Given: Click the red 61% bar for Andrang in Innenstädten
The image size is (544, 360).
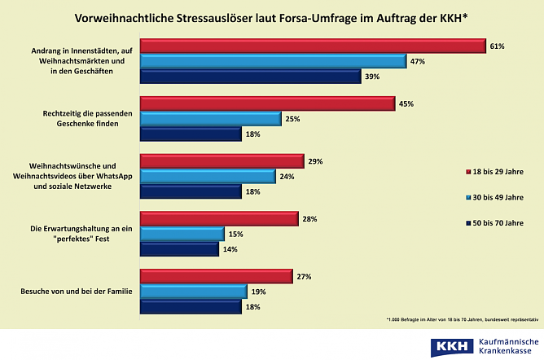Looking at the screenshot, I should pos(313,46).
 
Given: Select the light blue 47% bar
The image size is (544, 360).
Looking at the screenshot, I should pos(273,61).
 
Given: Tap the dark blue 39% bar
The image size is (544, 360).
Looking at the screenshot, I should pos(250,76).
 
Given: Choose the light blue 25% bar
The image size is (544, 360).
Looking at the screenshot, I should pos(211,119).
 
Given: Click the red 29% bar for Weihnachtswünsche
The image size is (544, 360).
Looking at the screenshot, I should pos(222,162).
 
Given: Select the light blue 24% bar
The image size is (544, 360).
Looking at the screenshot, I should pos(208,177).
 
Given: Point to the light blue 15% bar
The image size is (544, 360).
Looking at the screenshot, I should pos(182,235).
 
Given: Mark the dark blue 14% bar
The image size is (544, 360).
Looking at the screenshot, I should pos(179,249).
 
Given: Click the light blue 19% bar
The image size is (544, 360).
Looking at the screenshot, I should pos(193,292).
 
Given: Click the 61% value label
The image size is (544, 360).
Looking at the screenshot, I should pos(498,46).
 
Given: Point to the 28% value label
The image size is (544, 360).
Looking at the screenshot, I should pos(309,220).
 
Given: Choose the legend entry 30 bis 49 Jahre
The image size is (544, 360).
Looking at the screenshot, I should pos(498,197).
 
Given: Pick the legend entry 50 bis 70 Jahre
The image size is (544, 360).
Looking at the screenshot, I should pos(498,222).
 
